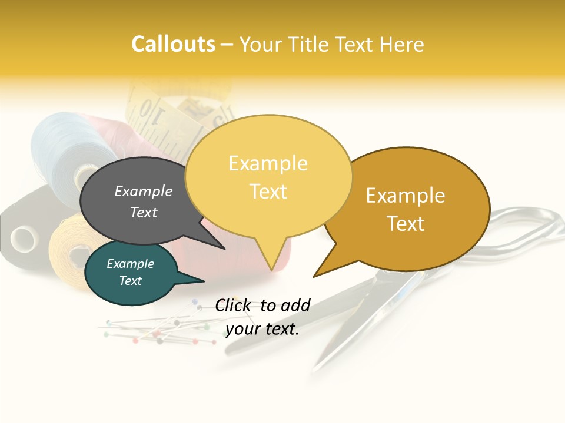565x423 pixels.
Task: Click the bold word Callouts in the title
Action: point(173,44)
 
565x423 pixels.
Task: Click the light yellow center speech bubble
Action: point(268,176)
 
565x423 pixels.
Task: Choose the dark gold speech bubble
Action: point(406,209)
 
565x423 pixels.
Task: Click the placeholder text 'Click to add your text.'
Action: point(262,317)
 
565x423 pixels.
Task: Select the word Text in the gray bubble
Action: point(144,213)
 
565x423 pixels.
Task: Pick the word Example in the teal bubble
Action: point(131,264)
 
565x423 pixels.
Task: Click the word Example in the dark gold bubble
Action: point(406,196)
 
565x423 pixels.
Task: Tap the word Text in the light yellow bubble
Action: point(268,192)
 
